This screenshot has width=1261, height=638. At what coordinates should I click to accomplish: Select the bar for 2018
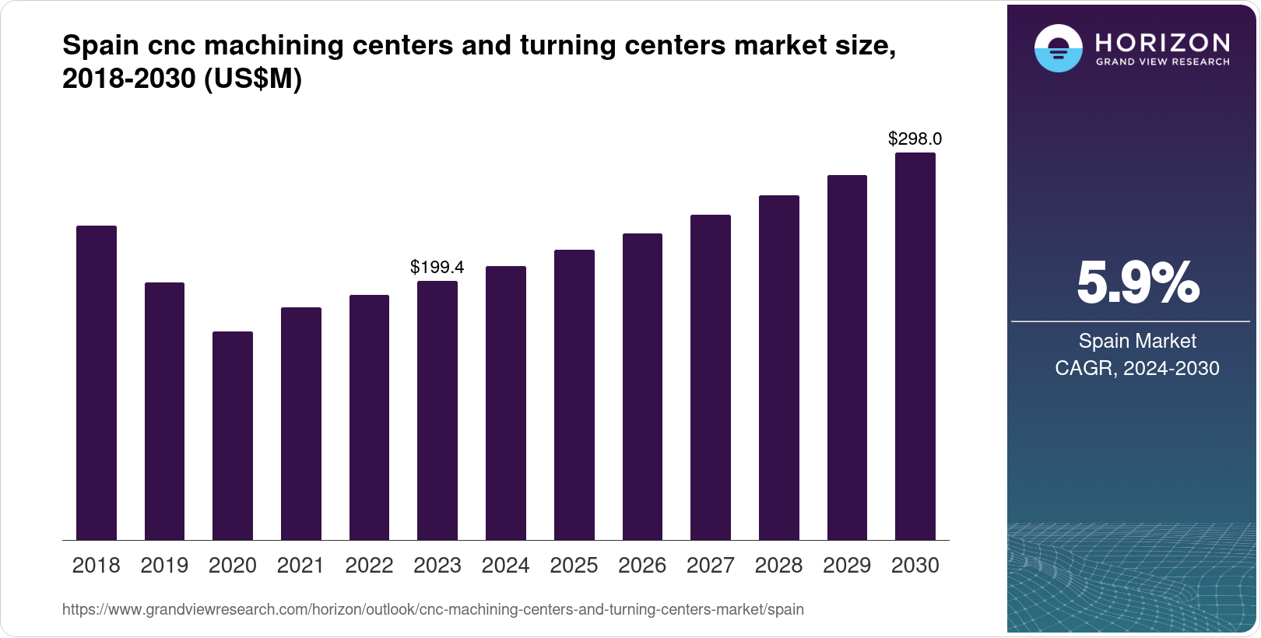[97, 383]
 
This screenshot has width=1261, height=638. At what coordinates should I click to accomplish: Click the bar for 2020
[233, 436]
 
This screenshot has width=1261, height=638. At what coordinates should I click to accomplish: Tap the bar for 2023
[437, 410]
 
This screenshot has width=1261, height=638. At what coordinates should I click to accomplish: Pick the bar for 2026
[642, 387]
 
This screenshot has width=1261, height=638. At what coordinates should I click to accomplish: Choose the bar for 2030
[915, 346]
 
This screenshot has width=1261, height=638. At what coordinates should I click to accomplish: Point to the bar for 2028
[779, 367]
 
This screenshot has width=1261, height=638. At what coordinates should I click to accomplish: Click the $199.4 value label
[437, 268]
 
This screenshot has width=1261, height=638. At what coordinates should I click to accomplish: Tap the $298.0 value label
[915, 139]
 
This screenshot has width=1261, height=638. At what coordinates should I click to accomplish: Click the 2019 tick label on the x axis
[164, 566]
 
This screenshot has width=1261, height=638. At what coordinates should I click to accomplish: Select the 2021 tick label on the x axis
[300, 566]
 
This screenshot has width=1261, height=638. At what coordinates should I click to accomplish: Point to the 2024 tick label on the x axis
[506, 566]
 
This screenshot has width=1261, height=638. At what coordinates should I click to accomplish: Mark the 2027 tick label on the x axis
[711, 566]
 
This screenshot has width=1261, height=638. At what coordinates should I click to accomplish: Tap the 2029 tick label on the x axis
[847, 566]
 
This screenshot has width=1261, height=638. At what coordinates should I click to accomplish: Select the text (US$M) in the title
[252, 79]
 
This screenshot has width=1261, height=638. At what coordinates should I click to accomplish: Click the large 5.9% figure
[1137, 283]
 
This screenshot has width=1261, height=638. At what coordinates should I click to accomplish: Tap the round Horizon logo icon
[1059, 48]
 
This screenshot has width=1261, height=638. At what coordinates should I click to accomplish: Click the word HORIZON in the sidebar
[1163, 42]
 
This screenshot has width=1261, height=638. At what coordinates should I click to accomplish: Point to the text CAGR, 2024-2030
[1137, 368]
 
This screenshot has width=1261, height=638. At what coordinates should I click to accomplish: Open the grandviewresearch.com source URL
[433, 610]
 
